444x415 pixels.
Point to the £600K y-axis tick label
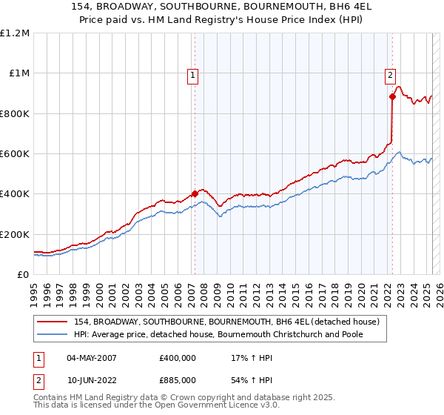[14, 154]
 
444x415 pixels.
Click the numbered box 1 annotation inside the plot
[192, 74]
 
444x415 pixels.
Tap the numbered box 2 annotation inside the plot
[390, 74]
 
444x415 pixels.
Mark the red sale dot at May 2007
[195, 194]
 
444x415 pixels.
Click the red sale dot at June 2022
[392, 96]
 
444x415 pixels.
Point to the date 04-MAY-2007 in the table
[93, 357]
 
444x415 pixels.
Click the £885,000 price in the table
[178, 379]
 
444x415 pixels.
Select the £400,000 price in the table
[178, 357]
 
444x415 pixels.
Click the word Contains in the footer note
[53, 398]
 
